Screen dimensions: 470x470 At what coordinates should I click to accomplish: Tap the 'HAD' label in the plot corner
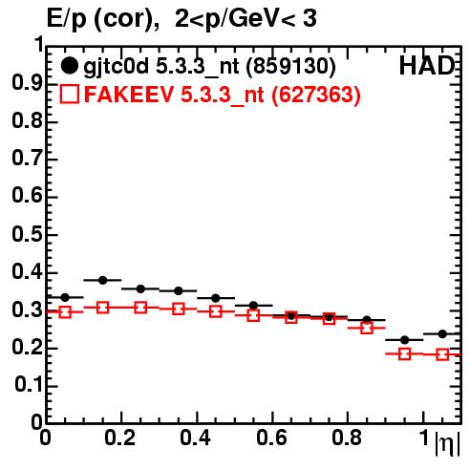(x=427, y=66)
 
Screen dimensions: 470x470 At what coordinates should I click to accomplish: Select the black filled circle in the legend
(x=69, y=66)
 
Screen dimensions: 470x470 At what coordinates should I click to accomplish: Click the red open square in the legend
(x=69, y=94)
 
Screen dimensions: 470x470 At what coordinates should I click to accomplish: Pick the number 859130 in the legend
(x=291, y=66)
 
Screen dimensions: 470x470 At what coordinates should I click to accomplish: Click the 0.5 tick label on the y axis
(x=28, y=235)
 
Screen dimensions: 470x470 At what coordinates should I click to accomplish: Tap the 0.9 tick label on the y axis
(x=28, y=84)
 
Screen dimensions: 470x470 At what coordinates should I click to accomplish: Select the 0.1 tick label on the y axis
(x=30, y=385)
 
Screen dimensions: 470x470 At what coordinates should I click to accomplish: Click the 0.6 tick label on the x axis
(x=271, y=438)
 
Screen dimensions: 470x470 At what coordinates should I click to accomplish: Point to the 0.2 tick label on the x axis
(x=120, y=438)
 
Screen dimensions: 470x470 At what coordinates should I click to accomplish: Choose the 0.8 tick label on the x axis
(x=347, y=438)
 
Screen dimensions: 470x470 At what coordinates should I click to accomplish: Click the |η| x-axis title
(x=447, y=443)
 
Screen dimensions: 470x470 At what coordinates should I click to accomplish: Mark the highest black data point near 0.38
(x=102, y=280)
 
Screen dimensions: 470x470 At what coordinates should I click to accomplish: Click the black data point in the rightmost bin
(x=442, y=334)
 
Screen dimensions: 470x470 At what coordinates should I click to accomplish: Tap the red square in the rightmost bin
(x=442, y=354)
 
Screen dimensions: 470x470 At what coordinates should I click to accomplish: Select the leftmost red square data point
(x=65, y=312)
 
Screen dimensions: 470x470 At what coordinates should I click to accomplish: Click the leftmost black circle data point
(x=65, y=298)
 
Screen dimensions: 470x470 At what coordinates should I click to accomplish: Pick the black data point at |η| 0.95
(x=404, y=340)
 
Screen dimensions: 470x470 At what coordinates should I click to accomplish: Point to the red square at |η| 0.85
(x=367, y=328)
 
